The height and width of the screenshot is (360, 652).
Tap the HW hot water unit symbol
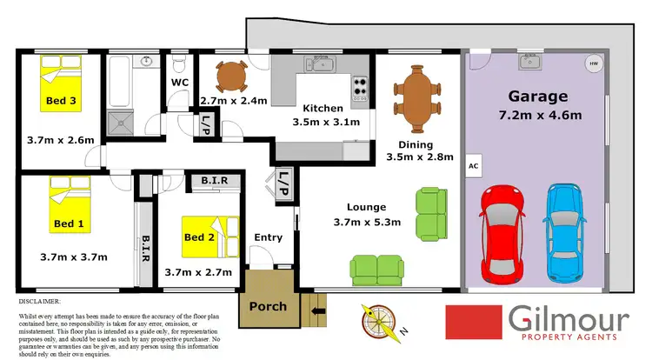(x=594, y=63)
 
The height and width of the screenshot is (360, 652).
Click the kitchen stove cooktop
(x=358, y=87)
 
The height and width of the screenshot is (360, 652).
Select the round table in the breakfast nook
(x=231, y=77)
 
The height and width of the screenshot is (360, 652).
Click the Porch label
(x=268, y=307)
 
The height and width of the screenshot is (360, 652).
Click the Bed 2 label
(x=199, y=237)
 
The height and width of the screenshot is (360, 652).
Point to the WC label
(x=180, y=83)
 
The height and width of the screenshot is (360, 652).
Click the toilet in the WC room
(x=179, y=64)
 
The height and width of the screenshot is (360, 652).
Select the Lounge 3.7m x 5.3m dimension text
(x=363, y=215)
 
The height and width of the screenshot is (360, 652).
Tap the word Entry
(x=268, y=237)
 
